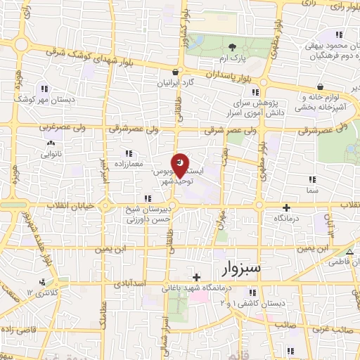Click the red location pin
tap(181, 165)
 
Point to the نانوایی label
tap(51, 153)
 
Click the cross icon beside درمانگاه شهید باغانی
tap(198, 277)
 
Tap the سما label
tap(311, 190)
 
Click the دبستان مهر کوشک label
tap(45, 99)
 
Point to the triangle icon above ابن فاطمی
tap(349, 252)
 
